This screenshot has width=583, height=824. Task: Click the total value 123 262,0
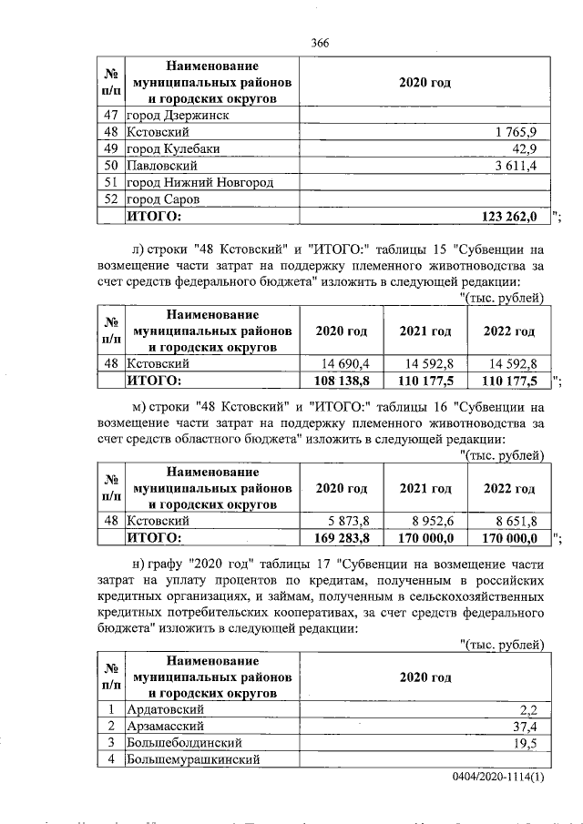pos(510,216)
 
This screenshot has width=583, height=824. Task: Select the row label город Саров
pos(162,198)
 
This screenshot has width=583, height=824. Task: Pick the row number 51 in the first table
pos(111,182)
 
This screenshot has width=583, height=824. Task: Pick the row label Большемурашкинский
pos(193,758)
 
